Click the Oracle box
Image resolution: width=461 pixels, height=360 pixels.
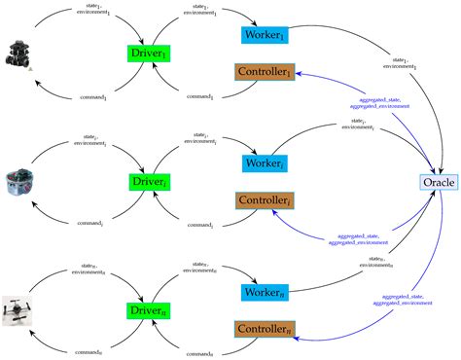tap(437, 182)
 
